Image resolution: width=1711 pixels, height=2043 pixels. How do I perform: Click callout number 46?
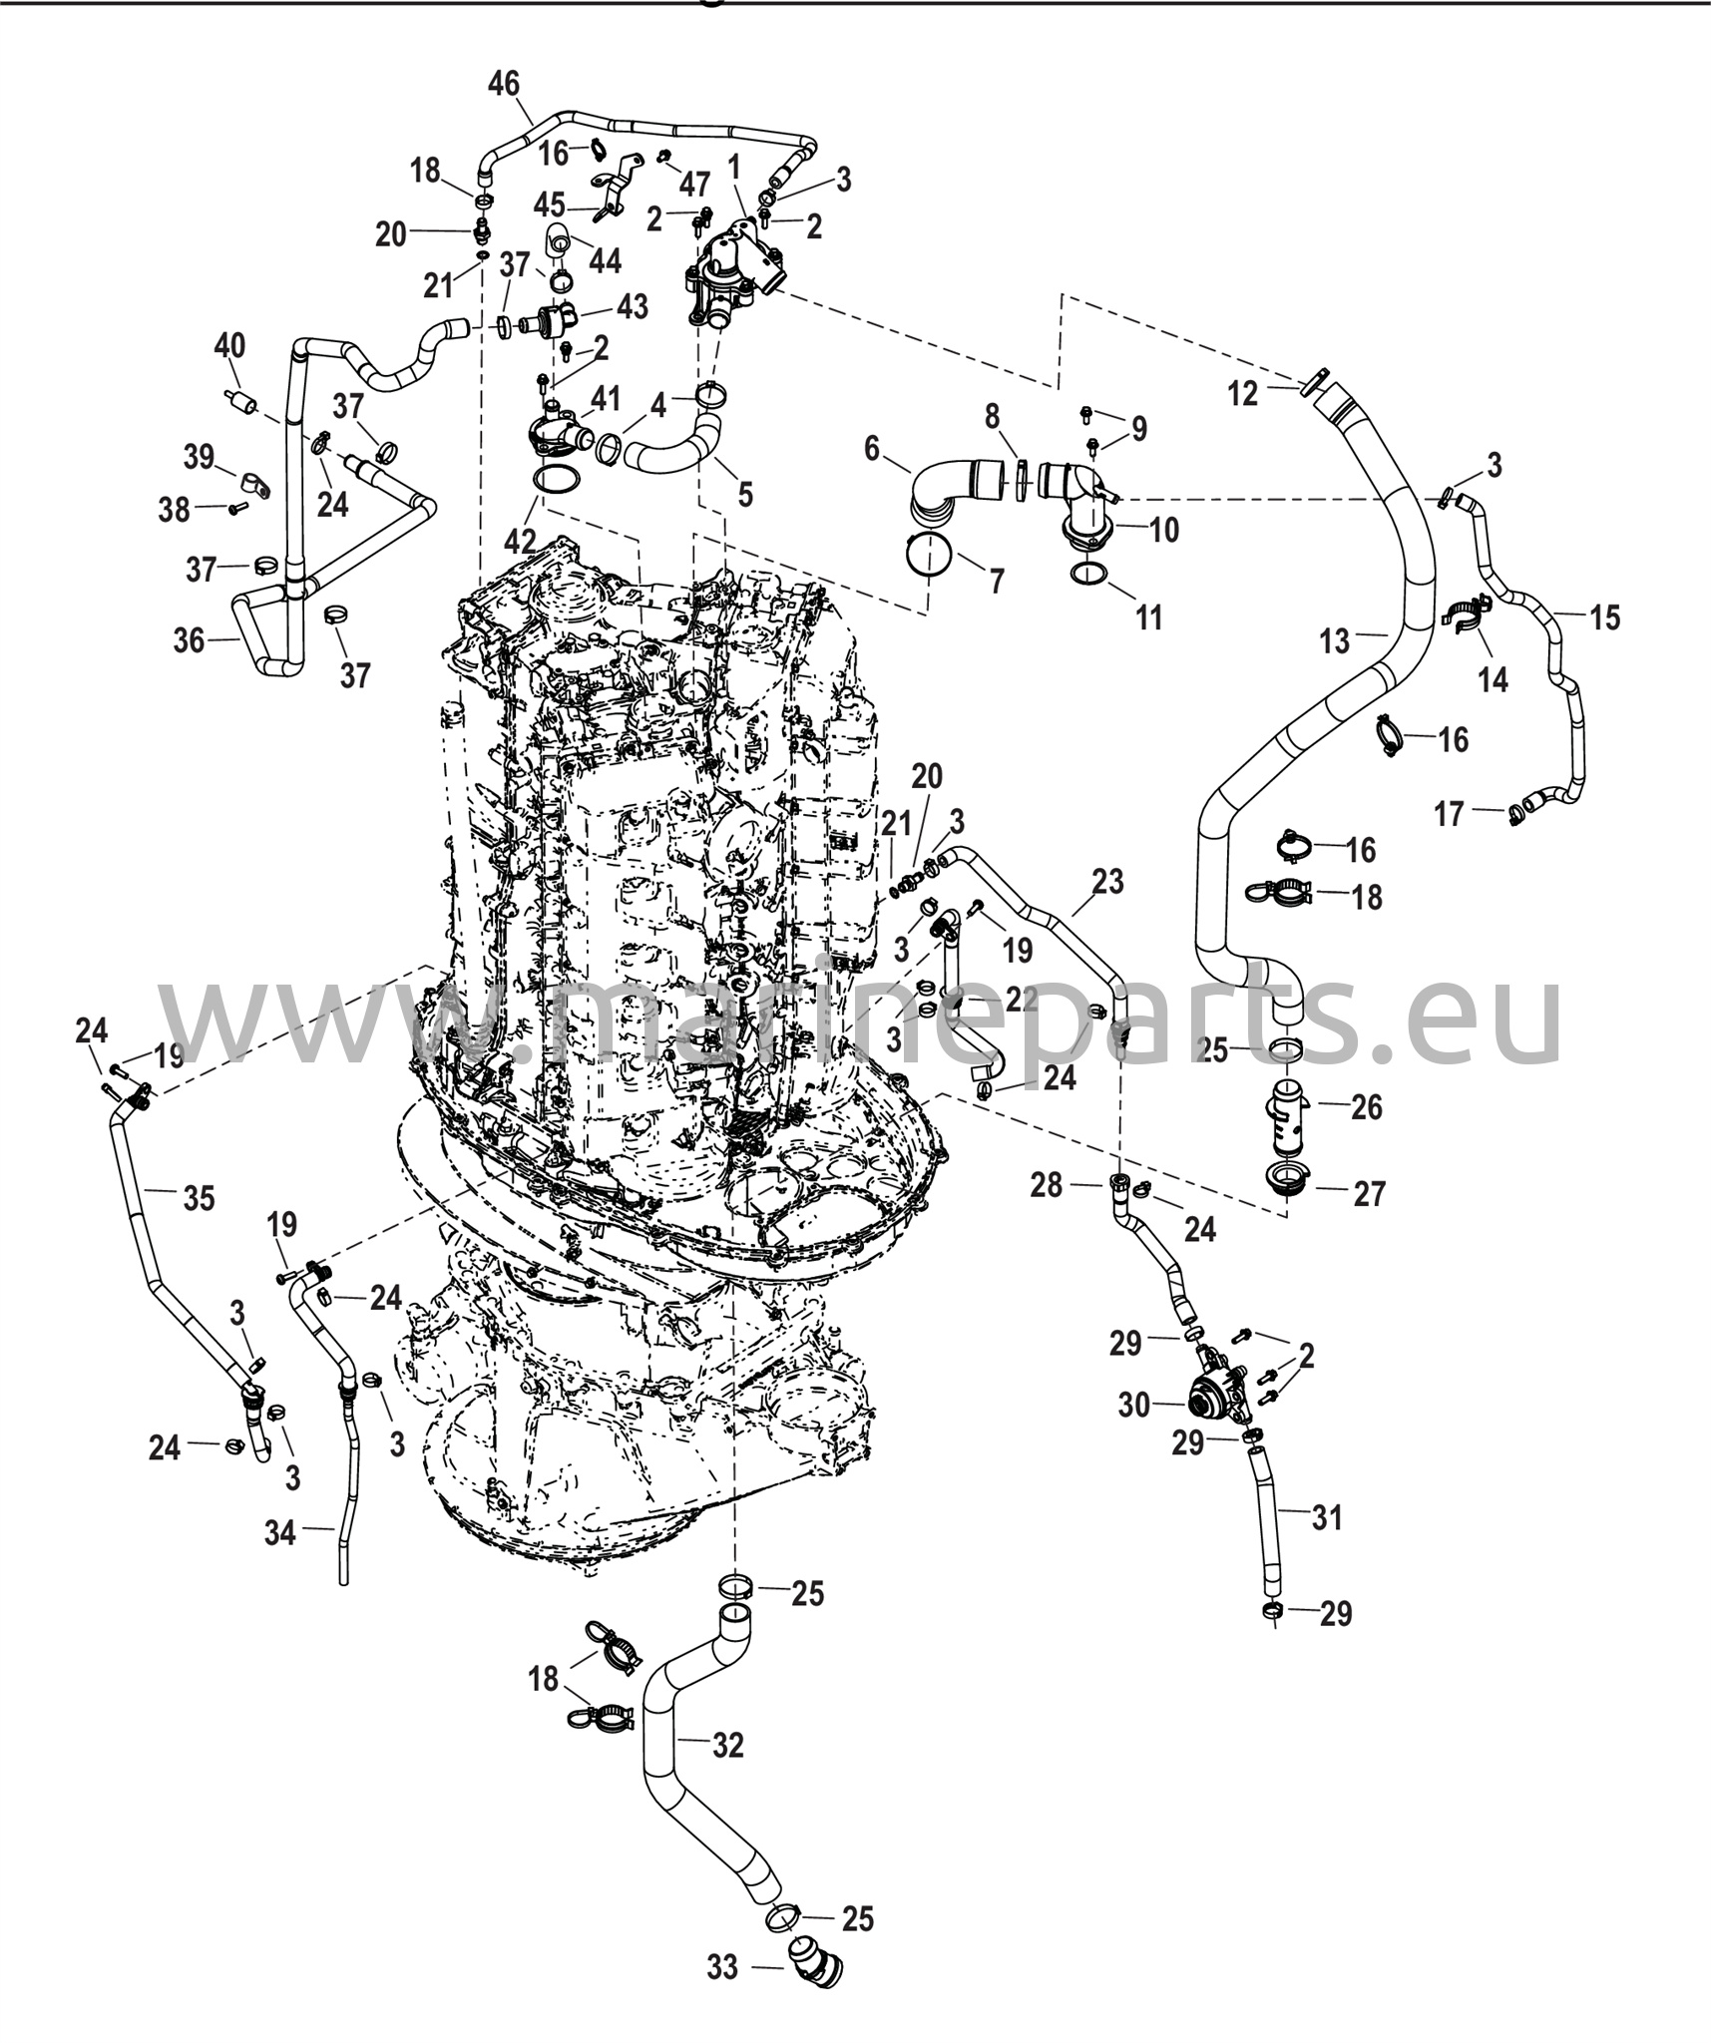coord(504,85)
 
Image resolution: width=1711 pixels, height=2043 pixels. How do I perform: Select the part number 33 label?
coord(722,1966)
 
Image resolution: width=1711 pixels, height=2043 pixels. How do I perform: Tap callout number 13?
coord(1335,640)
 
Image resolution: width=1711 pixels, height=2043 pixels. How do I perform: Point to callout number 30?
coord(1134,1405)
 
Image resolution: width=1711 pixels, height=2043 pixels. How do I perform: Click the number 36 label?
coord(189,639)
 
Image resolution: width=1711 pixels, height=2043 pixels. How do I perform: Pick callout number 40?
coord(229,347)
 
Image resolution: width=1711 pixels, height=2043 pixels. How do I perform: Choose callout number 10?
coord(1163,529)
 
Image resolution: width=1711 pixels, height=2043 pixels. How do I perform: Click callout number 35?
coord(200,1197)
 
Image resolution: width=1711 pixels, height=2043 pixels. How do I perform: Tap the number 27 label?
coord(1369,1193)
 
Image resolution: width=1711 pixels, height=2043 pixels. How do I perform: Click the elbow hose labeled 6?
coord(948,490)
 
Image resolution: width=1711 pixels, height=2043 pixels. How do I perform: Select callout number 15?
coord(1604,617)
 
